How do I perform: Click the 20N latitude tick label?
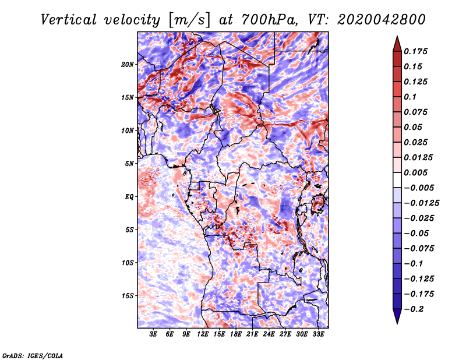click(127, 65)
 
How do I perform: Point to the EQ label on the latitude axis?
click(129, 197)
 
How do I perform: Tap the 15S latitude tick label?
click(127, 296)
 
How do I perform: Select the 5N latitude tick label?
click(129, 164)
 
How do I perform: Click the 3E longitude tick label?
click(153, 334)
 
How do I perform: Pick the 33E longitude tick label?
click(318, 334)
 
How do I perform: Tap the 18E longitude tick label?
click(236, 334)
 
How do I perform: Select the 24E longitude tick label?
click(269, 334)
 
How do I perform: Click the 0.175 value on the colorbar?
click(415, 51)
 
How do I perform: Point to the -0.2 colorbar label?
click(414, 309)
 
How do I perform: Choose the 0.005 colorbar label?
click(415, 172)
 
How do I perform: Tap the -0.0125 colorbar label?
click(421, 203)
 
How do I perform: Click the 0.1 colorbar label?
click(410, 97)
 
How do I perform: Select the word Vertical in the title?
click(69, 20)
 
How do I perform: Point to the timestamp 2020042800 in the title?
click(382, 20)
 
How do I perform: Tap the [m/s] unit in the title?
click(189, 20)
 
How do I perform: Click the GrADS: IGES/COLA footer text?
click(33, 356)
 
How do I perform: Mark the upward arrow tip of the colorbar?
click(397, 36)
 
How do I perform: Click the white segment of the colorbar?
click(397, 180)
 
